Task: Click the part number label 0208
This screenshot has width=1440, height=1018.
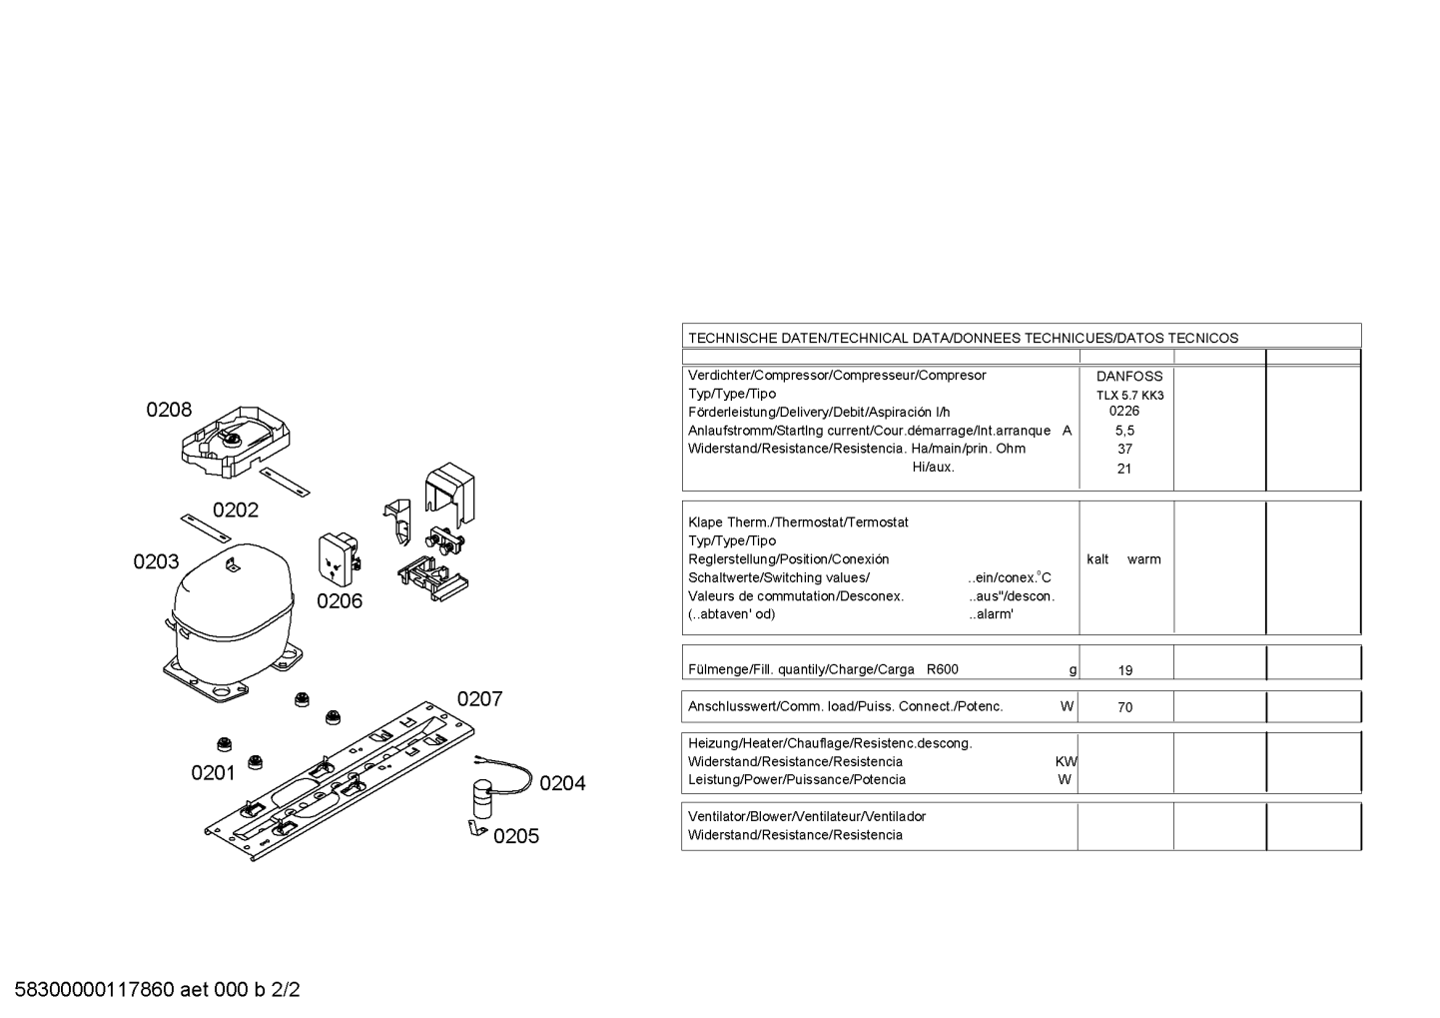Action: (169, 410)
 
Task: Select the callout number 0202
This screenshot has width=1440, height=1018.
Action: (236, 509)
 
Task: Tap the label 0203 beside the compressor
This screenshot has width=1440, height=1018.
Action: (156, 561)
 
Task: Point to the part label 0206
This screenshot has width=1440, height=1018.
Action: (340, 601)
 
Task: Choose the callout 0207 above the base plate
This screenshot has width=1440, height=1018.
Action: (479, 699)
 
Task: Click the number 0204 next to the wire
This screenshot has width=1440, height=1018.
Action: (562, 783)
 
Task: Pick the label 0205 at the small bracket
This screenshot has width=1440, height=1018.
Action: (516, 836)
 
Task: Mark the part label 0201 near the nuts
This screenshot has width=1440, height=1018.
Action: (214, 773)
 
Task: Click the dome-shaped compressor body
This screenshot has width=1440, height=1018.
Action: (232, 611)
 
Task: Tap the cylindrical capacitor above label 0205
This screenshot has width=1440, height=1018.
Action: (482, 798)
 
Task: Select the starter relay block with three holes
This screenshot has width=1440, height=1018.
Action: (339, 558)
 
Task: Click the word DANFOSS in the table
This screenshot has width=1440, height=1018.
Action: (1129, 377)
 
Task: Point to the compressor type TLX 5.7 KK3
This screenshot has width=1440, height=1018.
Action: (1130, 396)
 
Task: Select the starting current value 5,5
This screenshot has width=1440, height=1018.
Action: (1125, 431)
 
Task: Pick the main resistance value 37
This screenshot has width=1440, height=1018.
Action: (1124, 449)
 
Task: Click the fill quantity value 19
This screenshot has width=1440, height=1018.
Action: (1125, 670)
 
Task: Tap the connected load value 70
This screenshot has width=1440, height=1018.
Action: (1125, 707)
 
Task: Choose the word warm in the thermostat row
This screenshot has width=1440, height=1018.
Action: (1144, 559)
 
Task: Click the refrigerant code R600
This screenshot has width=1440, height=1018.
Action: (943, 669)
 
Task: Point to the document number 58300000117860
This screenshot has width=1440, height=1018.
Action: (95, 990)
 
